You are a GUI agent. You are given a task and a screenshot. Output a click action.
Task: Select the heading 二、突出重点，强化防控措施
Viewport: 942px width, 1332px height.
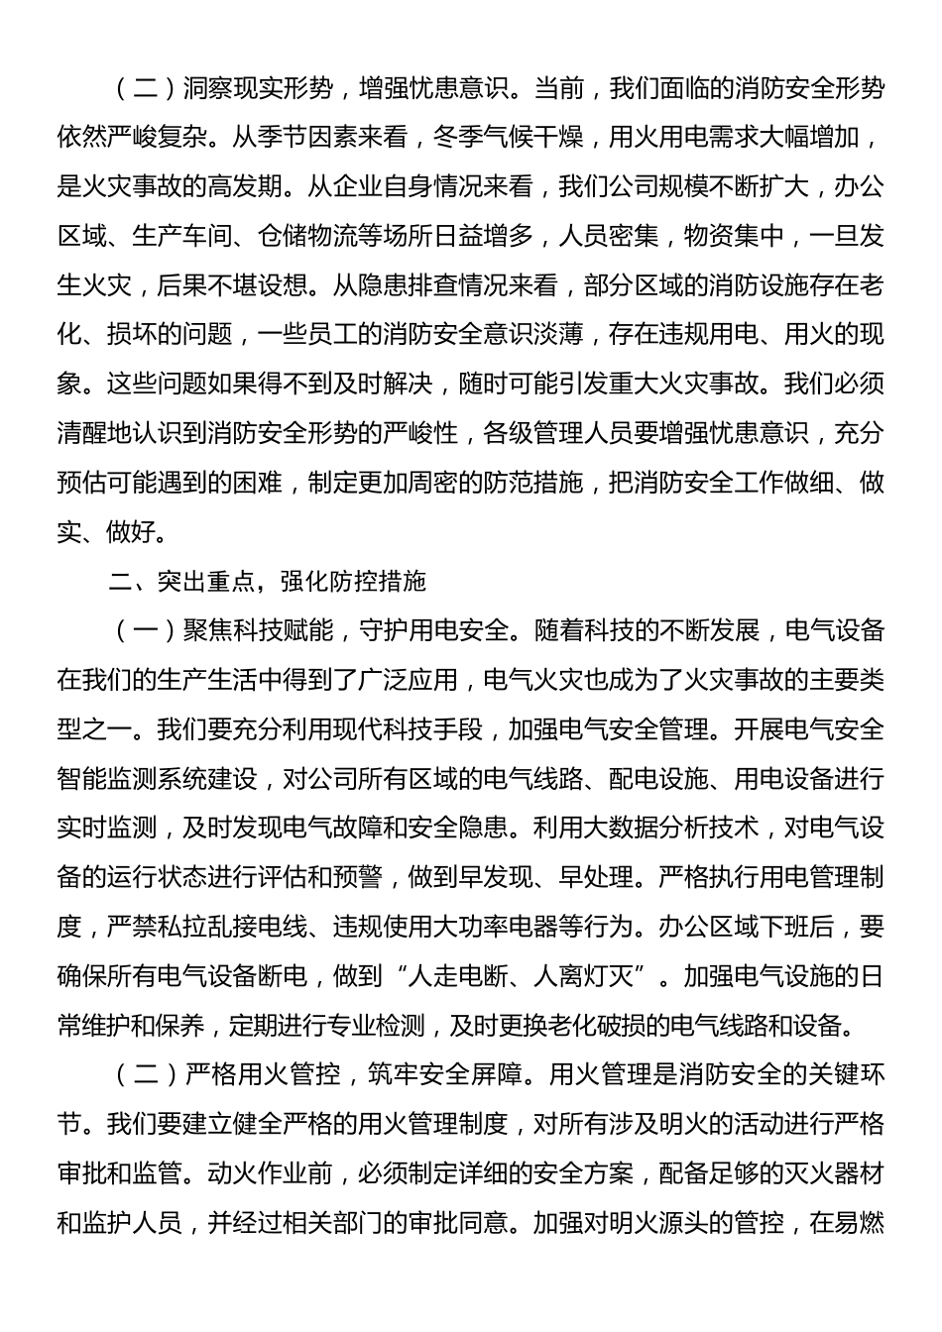coord(267,582)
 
